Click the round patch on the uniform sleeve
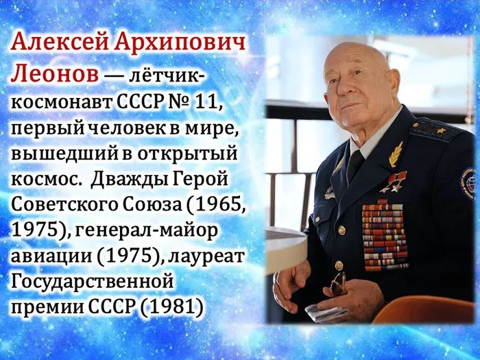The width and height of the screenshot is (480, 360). (x=468, y=184)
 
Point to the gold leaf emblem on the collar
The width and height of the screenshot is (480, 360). (x=396, y=154)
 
